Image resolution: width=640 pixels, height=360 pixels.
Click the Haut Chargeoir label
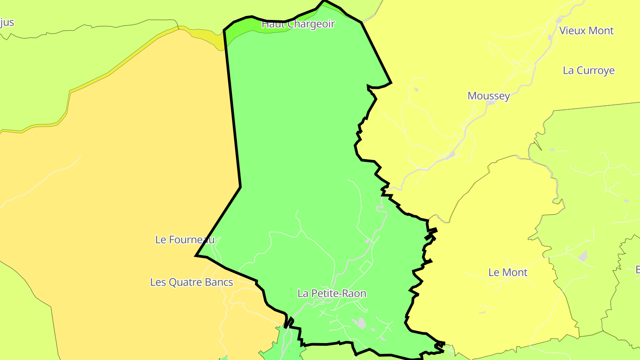[x=298, y=24]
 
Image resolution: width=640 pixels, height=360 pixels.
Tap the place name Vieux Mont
[x=586, y=31]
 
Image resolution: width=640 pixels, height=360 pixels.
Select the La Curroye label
[x=588, y=70]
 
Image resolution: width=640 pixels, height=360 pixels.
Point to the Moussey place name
[x=488, y=96]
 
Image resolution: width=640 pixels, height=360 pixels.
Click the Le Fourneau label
[x=184, y=240]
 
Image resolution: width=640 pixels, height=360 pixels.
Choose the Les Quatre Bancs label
[x=192, y=282]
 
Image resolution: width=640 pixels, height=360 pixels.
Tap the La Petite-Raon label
[x=332, y=293]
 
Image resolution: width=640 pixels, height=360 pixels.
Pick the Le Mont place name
[x=508, y=272]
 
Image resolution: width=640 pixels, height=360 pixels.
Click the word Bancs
[x=218, y=282]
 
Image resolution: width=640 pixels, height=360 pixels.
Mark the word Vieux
[x=572, y=31]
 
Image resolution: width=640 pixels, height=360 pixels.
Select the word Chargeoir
[x=311, y=24]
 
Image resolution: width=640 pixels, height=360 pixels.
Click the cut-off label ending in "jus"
[x=7, y=22]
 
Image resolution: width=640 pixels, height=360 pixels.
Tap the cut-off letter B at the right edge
[x=637, y=269]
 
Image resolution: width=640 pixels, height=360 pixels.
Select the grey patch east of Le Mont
[x=583, y=256]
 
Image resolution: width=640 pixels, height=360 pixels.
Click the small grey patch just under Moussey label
[x=491, y=103]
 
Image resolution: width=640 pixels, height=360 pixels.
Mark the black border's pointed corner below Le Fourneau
[x=196, y=256]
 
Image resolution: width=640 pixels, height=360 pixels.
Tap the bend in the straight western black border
[x=240, y=187]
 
